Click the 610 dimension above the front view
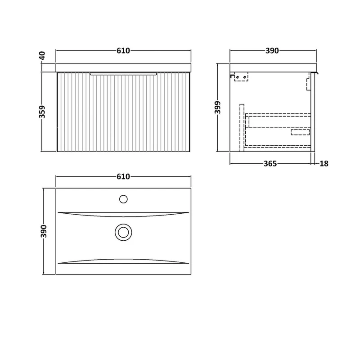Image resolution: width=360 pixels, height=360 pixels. [x=123, y=50]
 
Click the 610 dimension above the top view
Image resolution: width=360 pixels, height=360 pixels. [x=123, y=176]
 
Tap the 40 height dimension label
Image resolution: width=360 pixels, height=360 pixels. [x=42, y=56]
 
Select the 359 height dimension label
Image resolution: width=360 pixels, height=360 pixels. [x=42, y=112]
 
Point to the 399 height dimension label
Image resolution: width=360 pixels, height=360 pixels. [x=217, y=107]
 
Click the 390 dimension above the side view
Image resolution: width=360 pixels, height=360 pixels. [x=272, y=50]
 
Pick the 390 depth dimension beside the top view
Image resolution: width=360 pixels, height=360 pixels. [x=44, y=231]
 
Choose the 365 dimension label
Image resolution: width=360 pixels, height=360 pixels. [x=270, y=163]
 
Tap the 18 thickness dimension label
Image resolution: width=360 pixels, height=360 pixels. [x=324, y=163]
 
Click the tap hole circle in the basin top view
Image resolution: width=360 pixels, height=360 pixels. [x=123, y=199]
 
